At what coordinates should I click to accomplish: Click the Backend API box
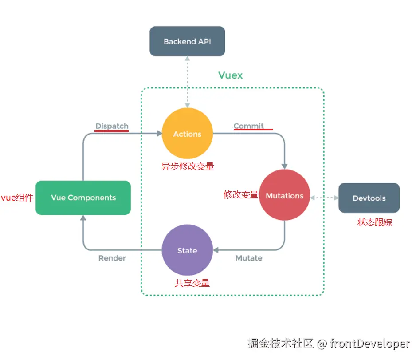click(187, 41)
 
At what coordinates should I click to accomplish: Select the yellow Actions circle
click(187, 134)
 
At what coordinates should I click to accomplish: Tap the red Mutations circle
click(284, 195)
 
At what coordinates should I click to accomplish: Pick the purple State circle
click(187, 250)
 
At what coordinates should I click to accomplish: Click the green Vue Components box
click(83, 198)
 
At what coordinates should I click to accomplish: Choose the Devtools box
click(369, 198)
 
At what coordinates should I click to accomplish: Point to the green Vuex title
click(231, 75)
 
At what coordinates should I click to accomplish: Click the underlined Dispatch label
click(112, 126)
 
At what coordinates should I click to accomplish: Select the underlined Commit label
click(249, 126)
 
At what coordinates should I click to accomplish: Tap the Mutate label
click(249, 258)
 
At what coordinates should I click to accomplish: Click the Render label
click(112, 258)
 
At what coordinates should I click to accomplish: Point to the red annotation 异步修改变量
click(188, 166)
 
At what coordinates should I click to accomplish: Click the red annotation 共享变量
click(192, 283)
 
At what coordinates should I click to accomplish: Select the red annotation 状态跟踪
click(375, 222)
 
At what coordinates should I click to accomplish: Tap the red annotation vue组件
click(17, 198)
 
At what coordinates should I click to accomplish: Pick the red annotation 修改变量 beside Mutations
click(241, 194)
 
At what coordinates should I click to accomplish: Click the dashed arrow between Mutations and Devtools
click(324, 198)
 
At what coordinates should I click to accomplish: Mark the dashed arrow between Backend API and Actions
click(188, 82)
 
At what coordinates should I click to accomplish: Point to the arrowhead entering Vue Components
click(83, 218)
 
